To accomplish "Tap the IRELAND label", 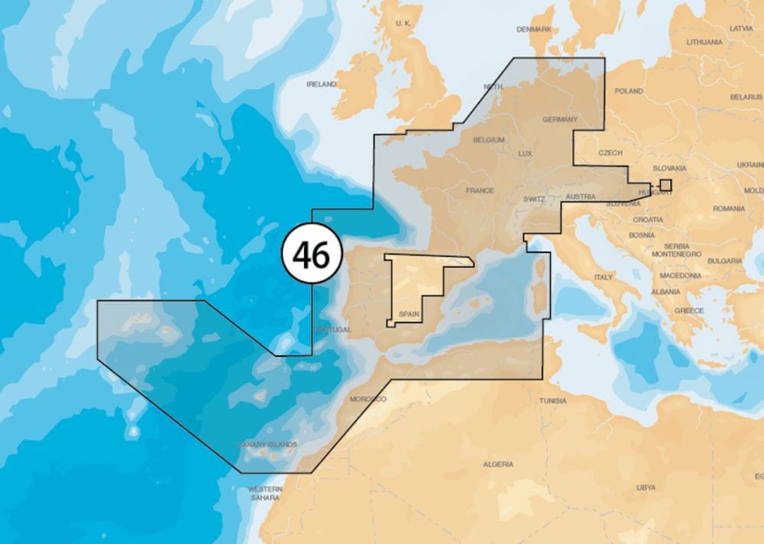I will tap(321, 84).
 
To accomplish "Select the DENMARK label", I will tap(534, 29).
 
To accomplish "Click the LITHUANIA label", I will tap(704, 42).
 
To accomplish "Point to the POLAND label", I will tap(629, 91).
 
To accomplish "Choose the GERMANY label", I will tap(560, 120).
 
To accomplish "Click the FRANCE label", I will tap(480, 190).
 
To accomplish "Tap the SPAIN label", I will tap(409, 314).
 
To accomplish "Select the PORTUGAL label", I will tap(332, 329).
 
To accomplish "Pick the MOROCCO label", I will tap(367, 400).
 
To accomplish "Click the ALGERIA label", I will tap(498, 465).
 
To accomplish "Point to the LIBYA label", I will tap(646, 487).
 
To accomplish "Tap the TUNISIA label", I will tap(552, 400).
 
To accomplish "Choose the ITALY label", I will tap(604, 277).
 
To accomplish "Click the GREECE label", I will tap(688, 311).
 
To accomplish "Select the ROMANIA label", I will tap(729, 209).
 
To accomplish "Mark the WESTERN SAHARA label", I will tap(265, 493).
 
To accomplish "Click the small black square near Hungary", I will tap(665, 184).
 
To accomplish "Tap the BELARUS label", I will tap(746, 97).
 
